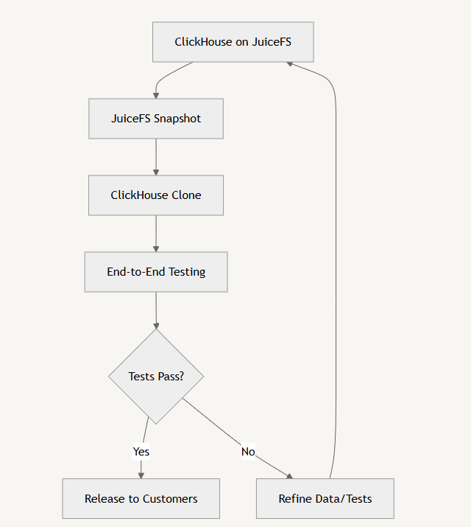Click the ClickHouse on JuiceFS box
233,42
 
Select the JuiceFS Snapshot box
156,119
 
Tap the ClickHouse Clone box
156,195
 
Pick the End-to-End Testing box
156,272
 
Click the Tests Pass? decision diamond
156,377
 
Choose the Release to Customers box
141,499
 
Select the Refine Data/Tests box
325,499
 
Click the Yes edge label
141,452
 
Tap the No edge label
248,452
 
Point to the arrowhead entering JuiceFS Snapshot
156,96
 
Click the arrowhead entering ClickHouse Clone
156,172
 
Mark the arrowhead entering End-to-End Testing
156,249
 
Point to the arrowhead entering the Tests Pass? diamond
156,326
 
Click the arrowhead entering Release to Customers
141,475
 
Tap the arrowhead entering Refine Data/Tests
290,476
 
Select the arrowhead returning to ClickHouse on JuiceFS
289,63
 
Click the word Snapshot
177,119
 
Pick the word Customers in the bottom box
170,499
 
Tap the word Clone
186,195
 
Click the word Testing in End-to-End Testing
187,272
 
